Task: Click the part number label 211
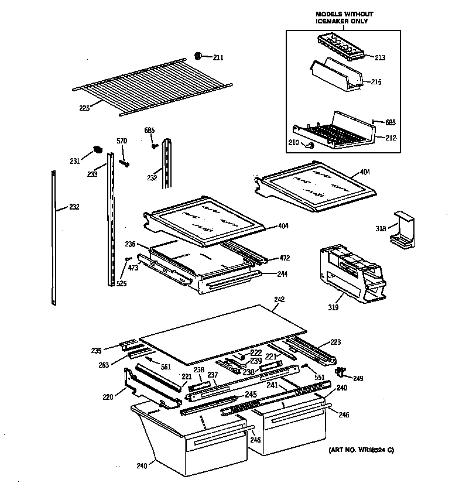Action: pyautogui.click(x=218, y=57)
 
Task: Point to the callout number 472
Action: pyautogui.click(x=285, y=258)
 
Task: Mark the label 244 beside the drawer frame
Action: pyautogui.click(x=283, y=274)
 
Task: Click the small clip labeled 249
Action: pyautogui.click(x=339, y=372)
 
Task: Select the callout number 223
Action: pyautogui.click(x=335, y=342)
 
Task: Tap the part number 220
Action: pyautogui.click(x=108, y=398)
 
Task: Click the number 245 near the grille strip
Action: pyautogui.click(x=251, y=394)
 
